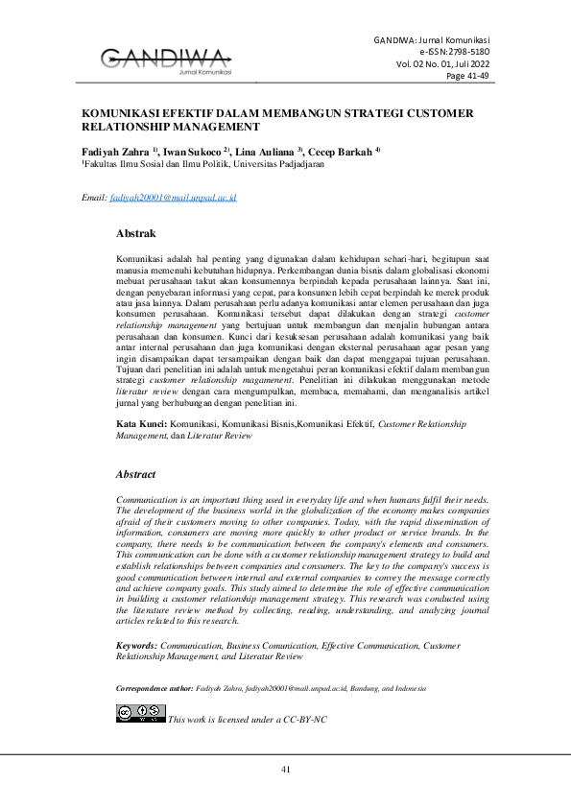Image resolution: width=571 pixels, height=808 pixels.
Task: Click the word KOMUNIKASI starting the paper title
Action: click(119, 112)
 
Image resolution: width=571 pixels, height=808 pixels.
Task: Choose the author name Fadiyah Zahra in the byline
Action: click(113, 152)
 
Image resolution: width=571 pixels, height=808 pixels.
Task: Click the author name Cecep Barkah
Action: click(342, 152)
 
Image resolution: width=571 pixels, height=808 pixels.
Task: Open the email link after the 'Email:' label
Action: click(173, 197)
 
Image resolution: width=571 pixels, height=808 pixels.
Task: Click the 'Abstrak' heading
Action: click(135, 233)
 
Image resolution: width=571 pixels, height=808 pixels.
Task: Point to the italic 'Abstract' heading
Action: click(135, 474)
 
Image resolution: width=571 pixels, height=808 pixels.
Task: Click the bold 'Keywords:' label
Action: click(137, 620)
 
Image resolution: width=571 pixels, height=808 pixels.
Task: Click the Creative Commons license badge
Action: click(140, 713)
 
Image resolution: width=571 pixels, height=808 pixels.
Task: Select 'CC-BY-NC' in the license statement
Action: click(306, 719)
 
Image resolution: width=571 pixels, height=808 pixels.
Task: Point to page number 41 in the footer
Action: click(285, 771)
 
